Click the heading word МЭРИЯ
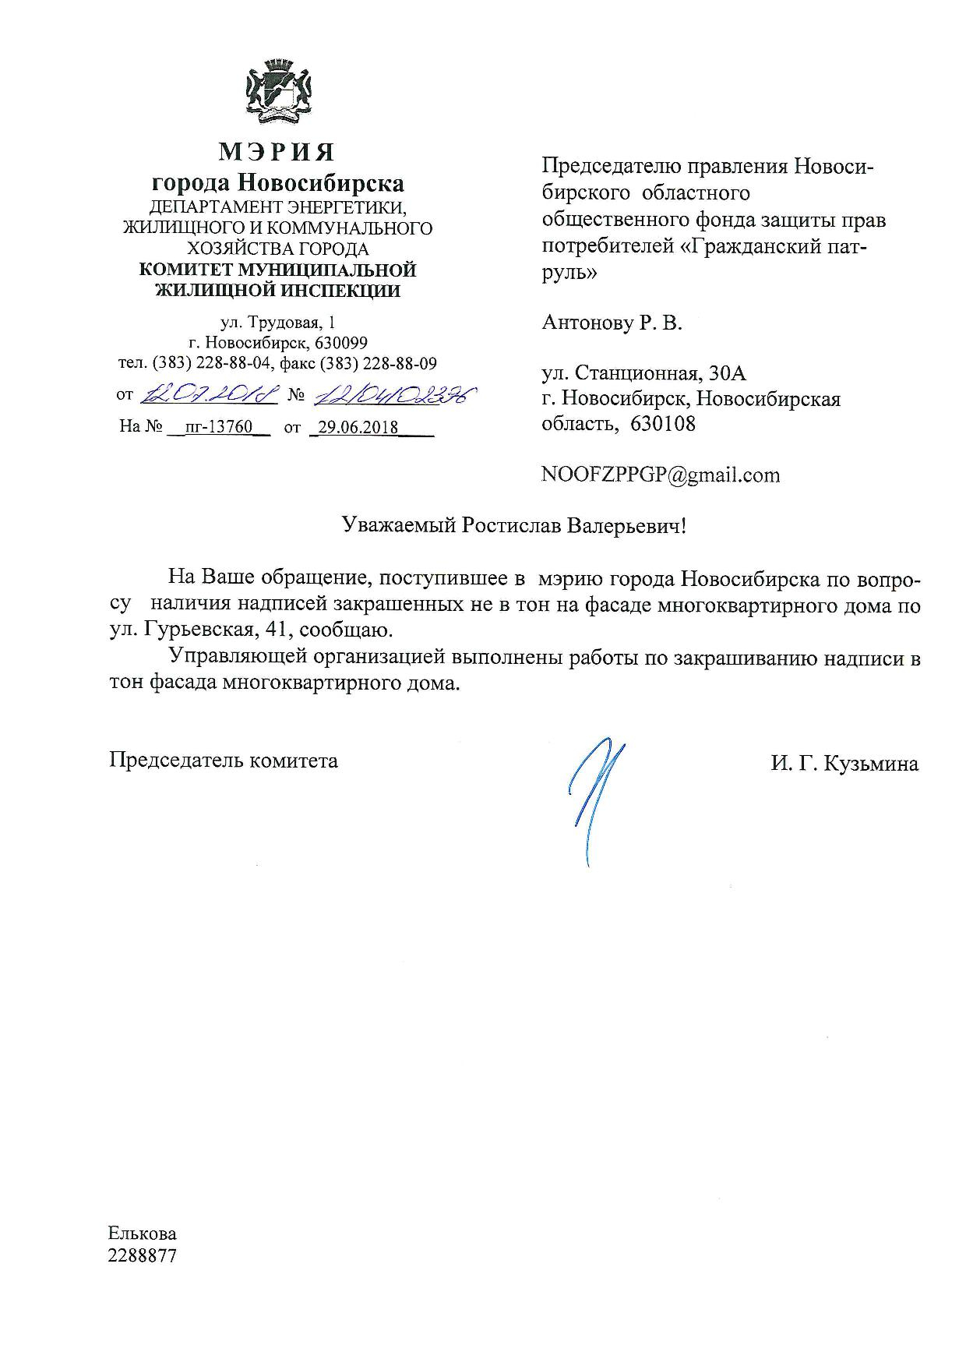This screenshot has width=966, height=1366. [277, 151]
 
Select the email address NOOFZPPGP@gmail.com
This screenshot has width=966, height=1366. [660, 475]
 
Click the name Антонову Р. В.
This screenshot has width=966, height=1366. [612, 323]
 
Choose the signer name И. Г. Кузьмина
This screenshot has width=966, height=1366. [844, 764]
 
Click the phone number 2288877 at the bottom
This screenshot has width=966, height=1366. [143, 1256]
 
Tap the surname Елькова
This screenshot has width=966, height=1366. [143, 1234]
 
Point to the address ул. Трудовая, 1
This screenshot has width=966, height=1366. [278, 322]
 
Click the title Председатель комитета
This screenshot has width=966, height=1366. [224, 760]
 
